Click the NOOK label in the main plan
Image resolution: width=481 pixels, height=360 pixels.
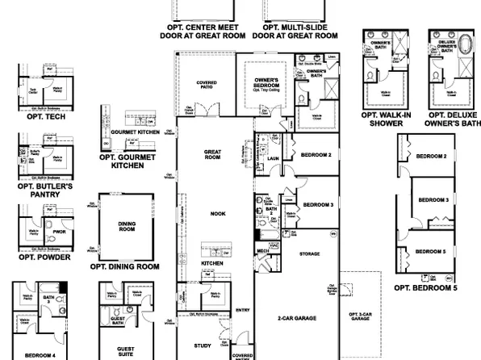click(x=212, y=214)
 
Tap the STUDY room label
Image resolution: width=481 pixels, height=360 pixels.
click(x=204, y=345)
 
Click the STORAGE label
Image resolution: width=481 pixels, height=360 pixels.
click(x=310, y=254)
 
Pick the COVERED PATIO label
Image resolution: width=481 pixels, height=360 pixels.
click(x=207, y=85)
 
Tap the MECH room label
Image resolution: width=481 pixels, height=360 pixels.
click(x=263, y=251)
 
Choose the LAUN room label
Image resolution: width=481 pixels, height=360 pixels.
click(x=273, y=157)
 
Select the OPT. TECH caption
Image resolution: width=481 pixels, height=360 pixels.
click(x=41, y=117)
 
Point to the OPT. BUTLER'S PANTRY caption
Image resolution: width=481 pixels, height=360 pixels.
click(x=44, y=190)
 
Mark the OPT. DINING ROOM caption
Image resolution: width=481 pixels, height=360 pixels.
click(x=124, y=266)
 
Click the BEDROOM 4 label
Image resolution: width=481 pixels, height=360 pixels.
click(x=40, y=355)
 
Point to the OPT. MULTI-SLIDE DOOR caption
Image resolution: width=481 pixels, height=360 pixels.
click(x=295, y=31)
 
